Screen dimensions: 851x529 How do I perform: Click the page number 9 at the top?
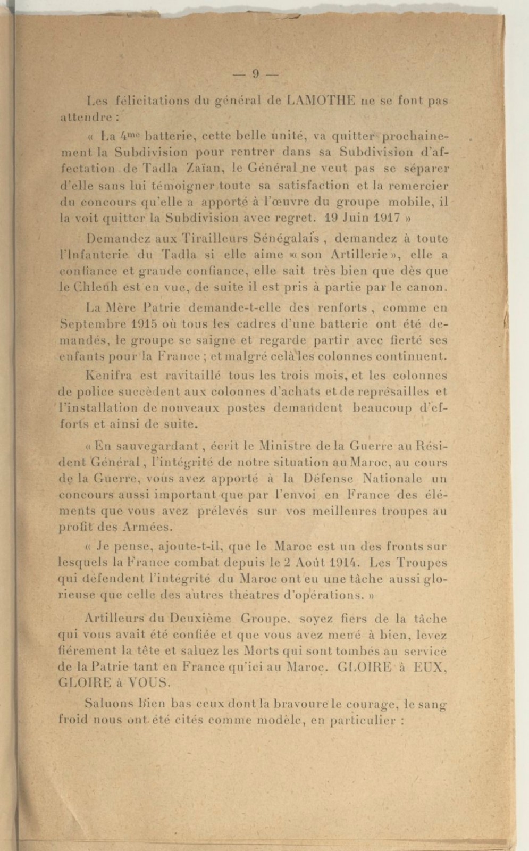(x=256, y=74)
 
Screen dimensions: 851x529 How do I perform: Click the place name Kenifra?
(x=105, y=375)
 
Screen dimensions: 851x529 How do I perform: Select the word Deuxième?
(x=200, y=619)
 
